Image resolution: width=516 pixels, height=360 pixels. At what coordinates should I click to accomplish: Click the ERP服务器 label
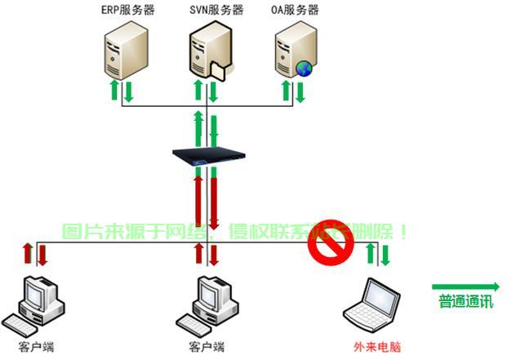126,11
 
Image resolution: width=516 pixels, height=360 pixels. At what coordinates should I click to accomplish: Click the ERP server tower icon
127,50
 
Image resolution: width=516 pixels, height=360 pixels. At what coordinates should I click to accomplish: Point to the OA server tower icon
293,50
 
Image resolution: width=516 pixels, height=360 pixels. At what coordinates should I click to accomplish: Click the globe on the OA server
305,69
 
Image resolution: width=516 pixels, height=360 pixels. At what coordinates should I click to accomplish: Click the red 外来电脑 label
372,347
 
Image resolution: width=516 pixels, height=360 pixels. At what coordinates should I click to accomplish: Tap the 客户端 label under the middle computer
207,347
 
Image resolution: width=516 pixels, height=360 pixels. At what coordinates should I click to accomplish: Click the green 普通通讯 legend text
466,301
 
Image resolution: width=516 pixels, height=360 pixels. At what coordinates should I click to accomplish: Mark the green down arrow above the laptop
385,255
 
